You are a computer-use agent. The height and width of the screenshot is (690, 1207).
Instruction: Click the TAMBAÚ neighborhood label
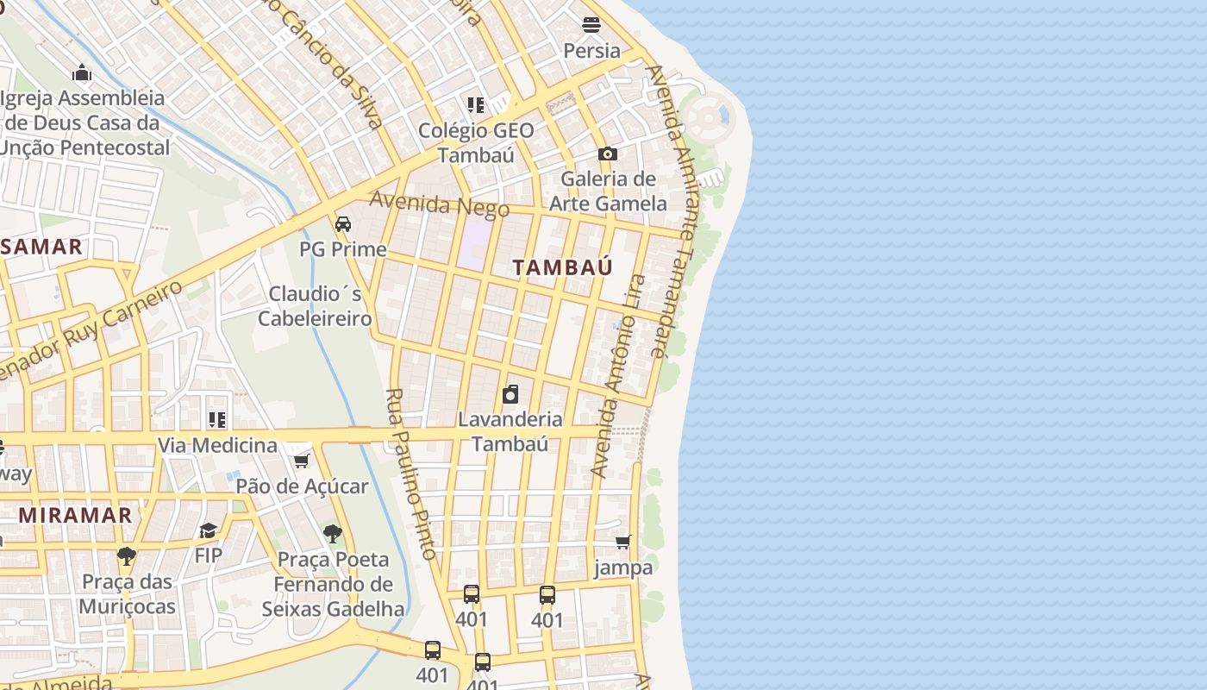(x=562, y=267)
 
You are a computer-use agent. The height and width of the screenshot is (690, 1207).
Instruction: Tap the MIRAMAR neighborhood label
(x=76, y=516)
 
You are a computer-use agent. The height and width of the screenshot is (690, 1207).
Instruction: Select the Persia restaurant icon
(x=591, y=25)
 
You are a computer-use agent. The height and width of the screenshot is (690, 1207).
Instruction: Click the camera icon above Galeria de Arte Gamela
(x=608, y=154)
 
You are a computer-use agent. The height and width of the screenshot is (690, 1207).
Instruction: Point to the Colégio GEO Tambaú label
(x=476, y=142)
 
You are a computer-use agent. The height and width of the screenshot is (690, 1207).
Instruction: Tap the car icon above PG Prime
(x=343, y=224)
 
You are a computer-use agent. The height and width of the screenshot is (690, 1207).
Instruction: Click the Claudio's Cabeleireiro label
(x=315, y=306)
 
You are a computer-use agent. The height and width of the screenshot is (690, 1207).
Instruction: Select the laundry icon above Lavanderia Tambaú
(x=510, y=394)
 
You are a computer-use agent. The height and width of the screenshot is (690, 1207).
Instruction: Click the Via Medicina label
(x=217, y=445)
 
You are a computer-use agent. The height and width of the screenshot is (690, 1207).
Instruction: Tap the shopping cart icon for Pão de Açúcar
(x=301, y=461)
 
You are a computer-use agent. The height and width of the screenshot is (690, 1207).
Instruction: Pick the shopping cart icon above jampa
(x=622, y=543)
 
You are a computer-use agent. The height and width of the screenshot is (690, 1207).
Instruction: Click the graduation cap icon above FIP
(x=208, y=530)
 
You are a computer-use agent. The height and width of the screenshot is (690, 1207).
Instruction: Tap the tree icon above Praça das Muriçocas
(x=127, y=555)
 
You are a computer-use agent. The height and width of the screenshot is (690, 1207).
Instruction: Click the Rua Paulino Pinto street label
(x=412, y=474)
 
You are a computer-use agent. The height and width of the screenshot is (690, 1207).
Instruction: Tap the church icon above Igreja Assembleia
(x=82, y=72)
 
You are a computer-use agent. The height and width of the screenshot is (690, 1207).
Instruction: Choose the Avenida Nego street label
(x=428, y=205)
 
